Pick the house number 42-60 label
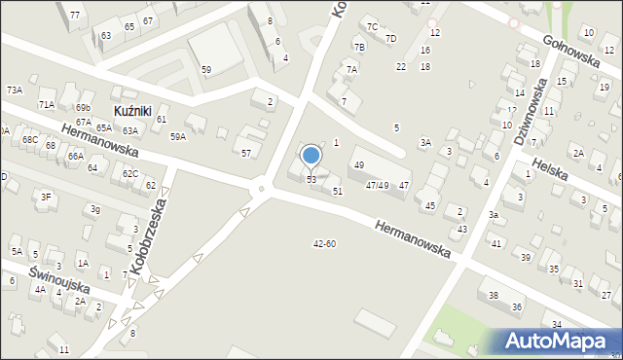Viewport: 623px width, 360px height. click(x=324, y=243)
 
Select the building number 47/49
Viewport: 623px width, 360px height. click(x=377, y=185)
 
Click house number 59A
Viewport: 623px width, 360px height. click(x=178, y=137)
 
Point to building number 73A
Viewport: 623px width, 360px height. click(x=14, y=90)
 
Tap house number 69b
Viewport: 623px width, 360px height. click(x=83, y=107)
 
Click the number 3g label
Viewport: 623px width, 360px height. click(x=94, y=209)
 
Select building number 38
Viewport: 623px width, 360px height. click(x=494, y=295)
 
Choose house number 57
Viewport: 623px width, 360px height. click(x=246, y=154)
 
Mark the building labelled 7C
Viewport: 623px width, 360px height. click(x=372, y=26)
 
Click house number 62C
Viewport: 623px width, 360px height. click(x=129, y=174)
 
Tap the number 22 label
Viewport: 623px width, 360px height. click(x=401, y=66)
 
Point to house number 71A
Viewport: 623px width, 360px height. click(x=46, y=104)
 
